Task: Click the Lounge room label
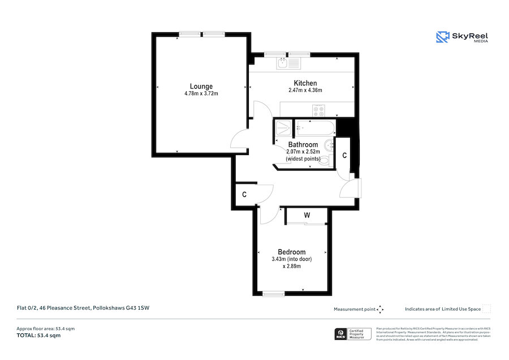201,87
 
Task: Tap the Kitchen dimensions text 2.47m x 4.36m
305,90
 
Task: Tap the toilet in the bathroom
326,161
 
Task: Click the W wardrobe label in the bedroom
307,215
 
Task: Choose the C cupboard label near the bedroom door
244,195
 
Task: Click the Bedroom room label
291,252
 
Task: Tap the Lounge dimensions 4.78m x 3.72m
201,93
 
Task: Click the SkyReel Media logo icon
442,37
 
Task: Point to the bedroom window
274,293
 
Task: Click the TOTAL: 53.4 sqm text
38,336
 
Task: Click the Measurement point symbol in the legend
381,309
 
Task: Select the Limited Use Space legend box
486,308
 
